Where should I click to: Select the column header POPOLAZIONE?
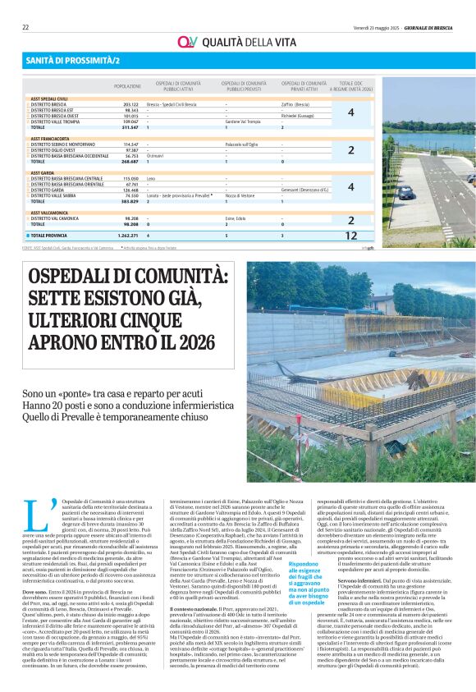127,86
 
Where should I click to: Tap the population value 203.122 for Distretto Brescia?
130,105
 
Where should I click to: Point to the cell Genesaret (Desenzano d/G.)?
304,189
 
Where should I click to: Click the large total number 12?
350,235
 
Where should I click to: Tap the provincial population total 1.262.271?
127,235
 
